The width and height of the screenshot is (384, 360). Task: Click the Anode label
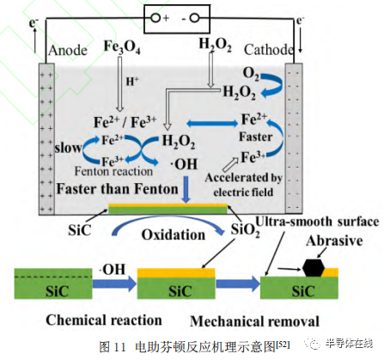(68, 51)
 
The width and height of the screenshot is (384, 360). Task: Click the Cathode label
(269, 50)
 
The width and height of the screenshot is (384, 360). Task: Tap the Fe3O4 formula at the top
(122, 47)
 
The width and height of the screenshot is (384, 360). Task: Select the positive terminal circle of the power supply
(155, 18)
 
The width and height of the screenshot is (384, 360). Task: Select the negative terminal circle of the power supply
(195, 18)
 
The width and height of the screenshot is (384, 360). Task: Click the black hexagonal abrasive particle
(314, 268)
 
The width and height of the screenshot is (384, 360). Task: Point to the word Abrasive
(334, 241)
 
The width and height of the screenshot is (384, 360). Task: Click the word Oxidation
(174, 235)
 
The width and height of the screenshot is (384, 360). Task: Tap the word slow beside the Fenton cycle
(68, 148)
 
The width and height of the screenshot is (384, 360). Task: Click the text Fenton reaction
(113, 171)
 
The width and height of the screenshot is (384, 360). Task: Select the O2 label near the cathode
(251, 73)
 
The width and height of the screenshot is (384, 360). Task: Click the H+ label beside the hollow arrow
(132, 82)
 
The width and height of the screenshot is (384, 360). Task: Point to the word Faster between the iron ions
(255, 137)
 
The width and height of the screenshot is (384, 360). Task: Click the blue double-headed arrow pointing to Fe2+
(212, 124)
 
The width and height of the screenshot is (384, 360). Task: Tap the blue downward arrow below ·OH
(186, 190)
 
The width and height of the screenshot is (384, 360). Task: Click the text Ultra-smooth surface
(317, 222)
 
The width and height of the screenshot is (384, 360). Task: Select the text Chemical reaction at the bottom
(104, 320)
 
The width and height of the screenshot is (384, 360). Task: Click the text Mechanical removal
(254, 321)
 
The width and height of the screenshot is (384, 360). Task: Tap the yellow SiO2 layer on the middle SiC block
(176, 273)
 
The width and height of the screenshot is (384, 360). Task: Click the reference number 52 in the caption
(283, 344)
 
